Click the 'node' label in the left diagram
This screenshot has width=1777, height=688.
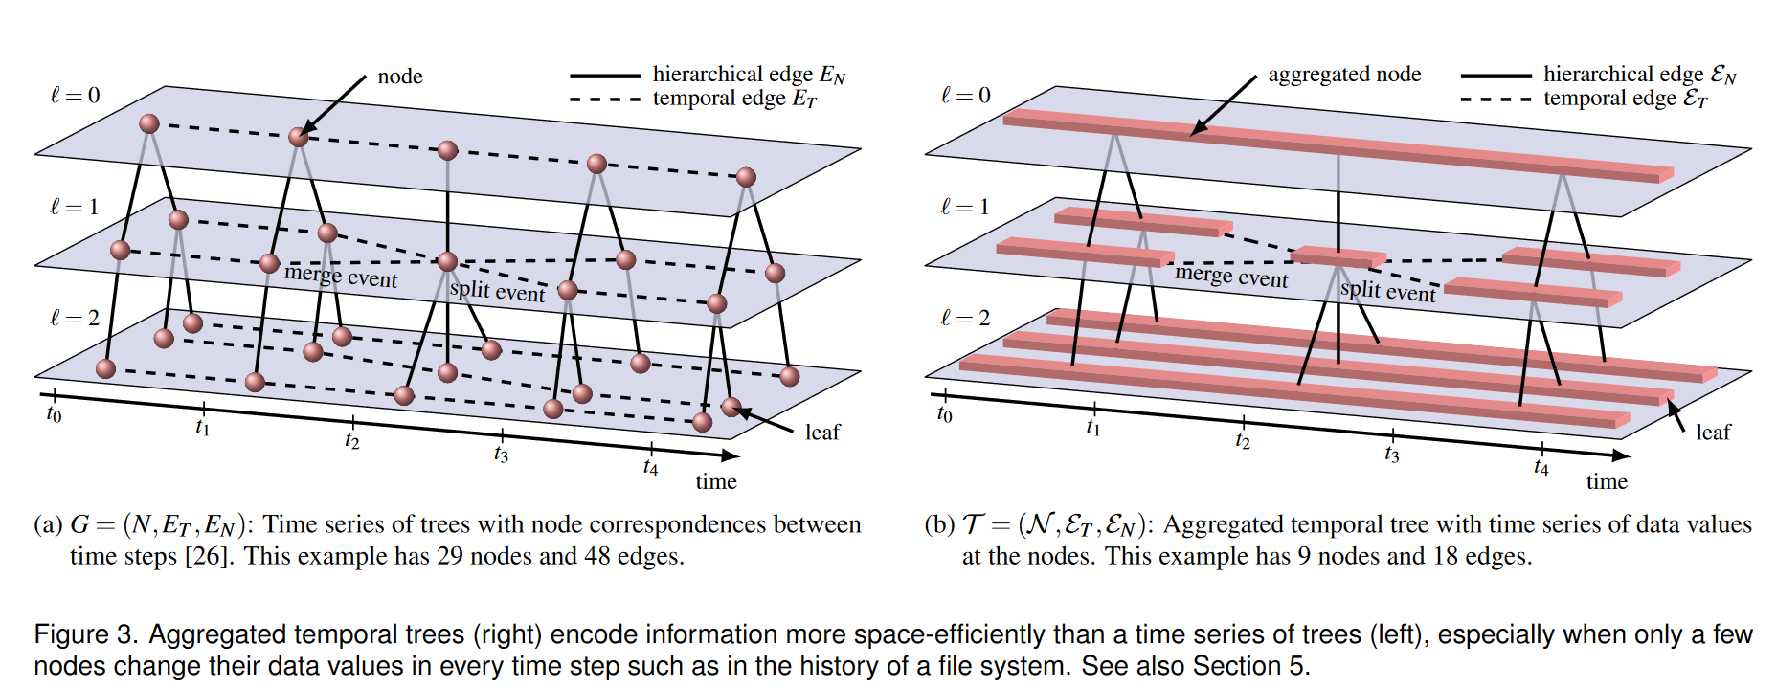pyautogui.click(x=399, y=77)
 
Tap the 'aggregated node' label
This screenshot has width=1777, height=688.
pyautogui.click(x=1343, y=75)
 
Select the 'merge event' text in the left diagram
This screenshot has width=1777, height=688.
pyautogui.click(x=341, y=277)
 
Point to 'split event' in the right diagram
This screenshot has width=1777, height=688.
pyautogui.click(x=1387, y=291)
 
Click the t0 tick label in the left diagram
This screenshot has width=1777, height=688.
pyautogui.click(x=54, y=414)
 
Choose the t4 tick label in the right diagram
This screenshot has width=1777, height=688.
pyautogui.click(x=1541, y=467)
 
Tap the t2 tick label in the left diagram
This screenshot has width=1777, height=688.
pyautogui.click(x=351, y=441)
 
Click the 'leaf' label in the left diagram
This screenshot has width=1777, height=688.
pyautogui.click(x=821, y=433)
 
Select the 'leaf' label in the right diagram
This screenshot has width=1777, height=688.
pyautogui.click(x=1713, y=433)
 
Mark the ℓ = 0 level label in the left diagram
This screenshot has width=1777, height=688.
pyautogui.click(x=75, y=95)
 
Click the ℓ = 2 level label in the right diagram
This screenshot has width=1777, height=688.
pyautogui.click(x=965, y=318)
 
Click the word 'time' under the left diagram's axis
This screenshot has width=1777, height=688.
pyautogui.click(x=716, y=481)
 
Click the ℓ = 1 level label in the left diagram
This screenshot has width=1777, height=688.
pyautogui.click(x=75, y=207)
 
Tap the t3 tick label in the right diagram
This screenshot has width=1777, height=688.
pyautogui.click(x=1391, y=455)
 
